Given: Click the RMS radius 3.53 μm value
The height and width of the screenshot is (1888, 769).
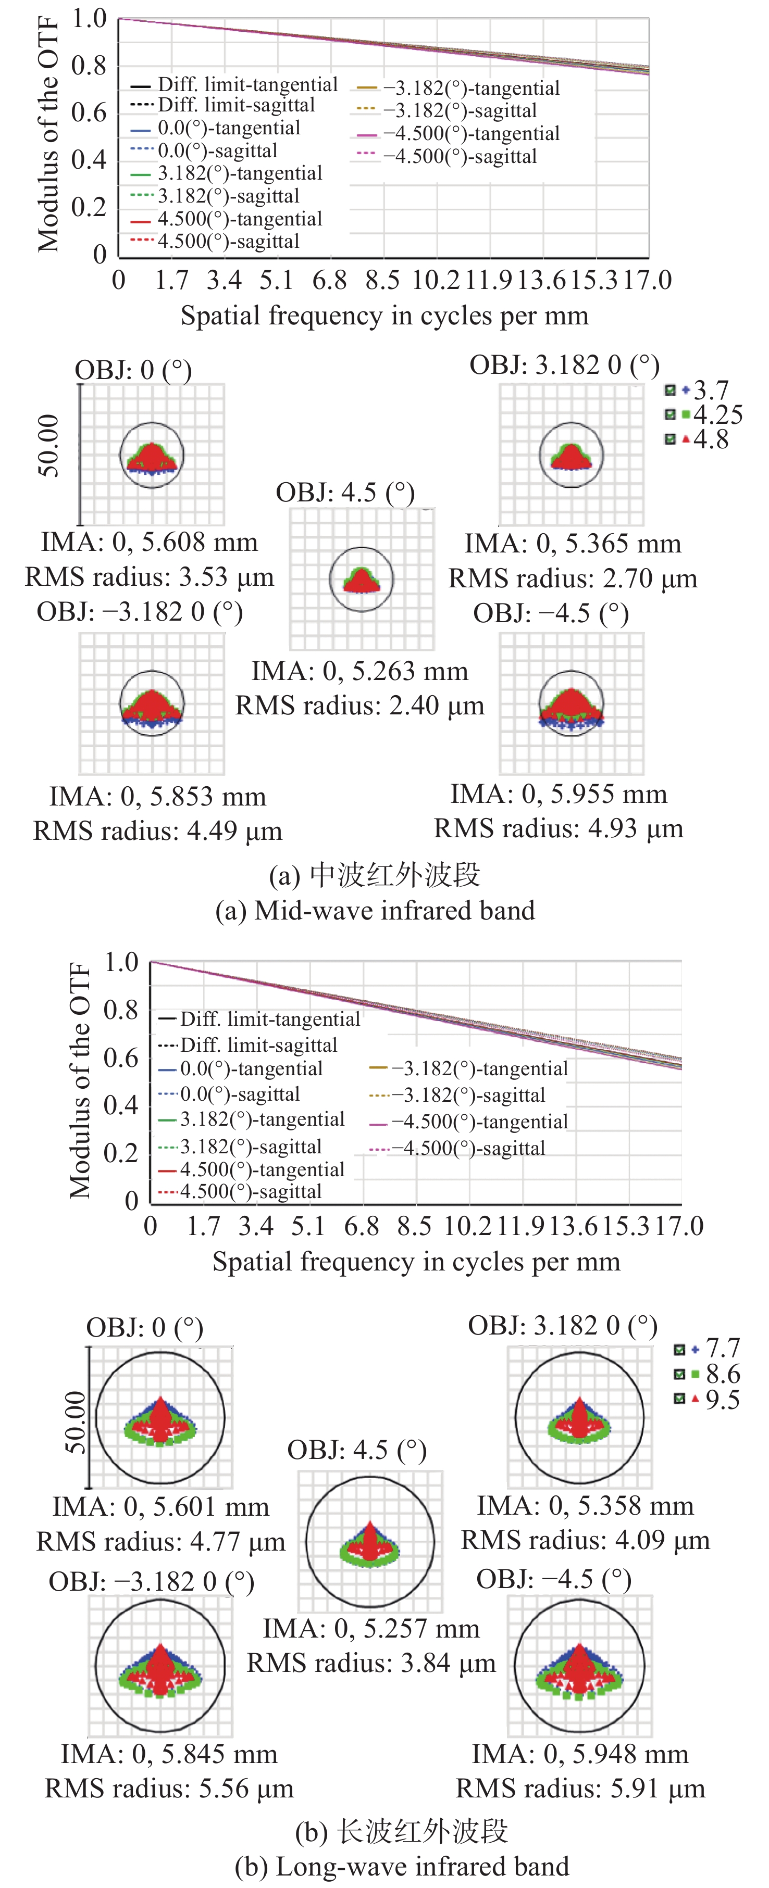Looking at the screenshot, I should pyautogui.click(x=150, y=577).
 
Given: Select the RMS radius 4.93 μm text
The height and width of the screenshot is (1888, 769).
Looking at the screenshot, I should pyautogui.click(x=559, y=828).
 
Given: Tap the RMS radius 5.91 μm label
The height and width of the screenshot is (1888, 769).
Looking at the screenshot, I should pyautogui.click(x=580, y=1789).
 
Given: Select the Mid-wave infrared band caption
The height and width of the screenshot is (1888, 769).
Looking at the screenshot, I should pyautogui.click(x=375, y=910).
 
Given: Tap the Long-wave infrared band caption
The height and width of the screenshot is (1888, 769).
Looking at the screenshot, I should pyautogui.click(x=401, y=1865).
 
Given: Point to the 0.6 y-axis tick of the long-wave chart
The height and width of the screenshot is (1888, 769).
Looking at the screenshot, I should pyautogui.click(x=121, y=1058).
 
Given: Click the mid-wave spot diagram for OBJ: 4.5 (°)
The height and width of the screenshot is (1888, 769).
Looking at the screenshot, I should pyautogui.click(x=362, y=579).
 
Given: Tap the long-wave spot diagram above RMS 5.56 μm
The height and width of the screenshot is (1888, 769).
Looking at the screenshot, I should pyautogui.click(x=160, y=1665).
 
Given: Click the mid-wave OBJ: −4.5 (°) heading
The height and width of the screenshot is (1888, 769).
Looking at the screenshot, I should pyautogui.click(x=551, y=613).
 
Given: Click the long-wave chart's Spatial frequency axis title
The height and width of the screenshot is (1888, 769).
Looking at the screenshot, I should pyautogui.click(x=416, y=1261).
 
